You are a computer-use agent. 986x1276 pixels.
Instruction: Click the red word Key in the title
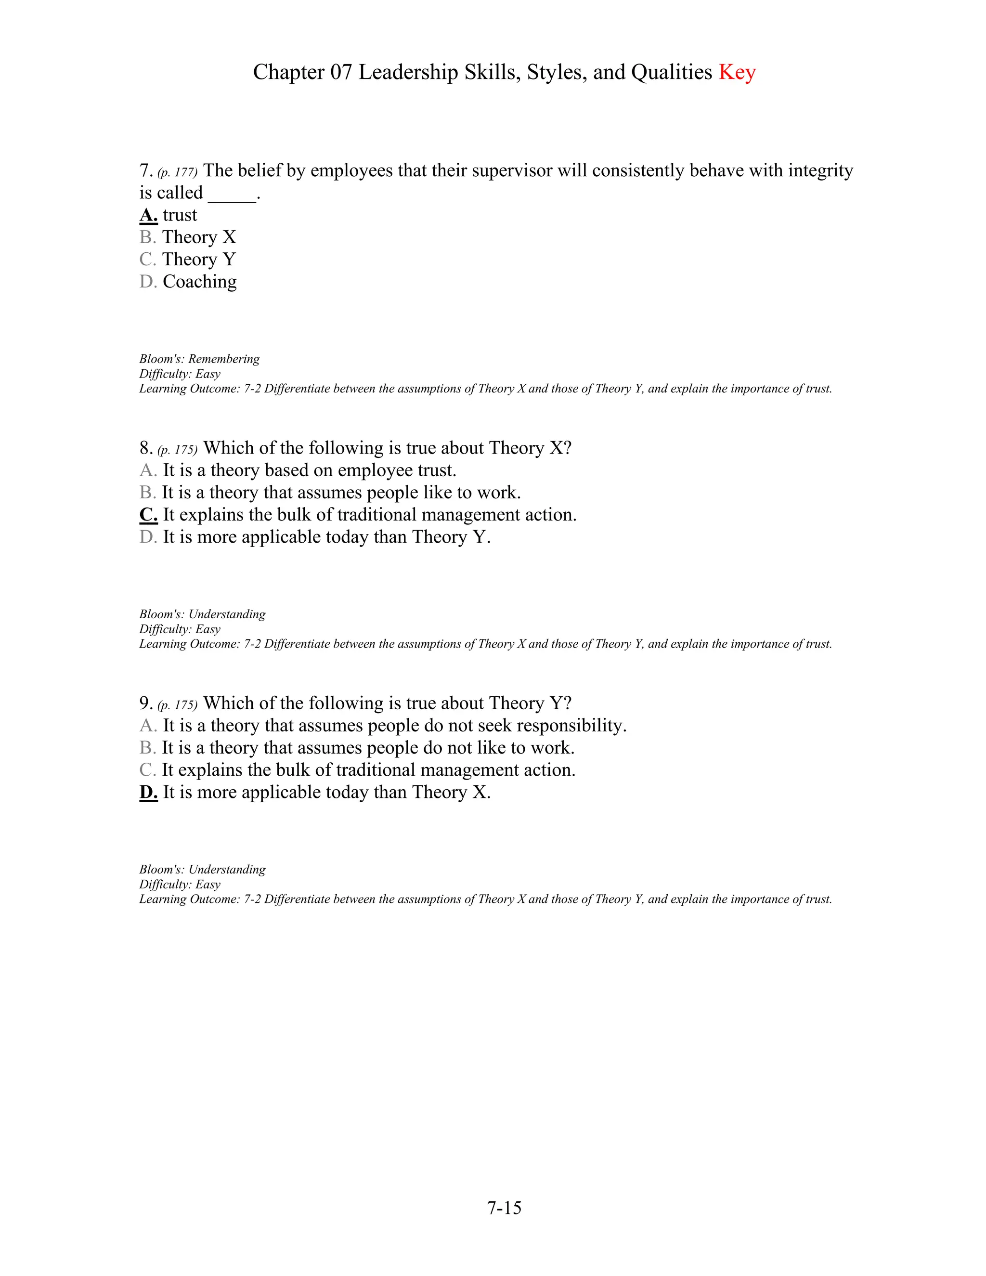(737, 72)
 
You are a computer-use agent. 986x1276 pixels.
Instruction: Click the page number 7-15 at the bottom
(504, 1208)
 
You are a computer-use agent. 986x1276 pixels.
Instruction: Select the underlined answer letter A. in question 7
(148, 215)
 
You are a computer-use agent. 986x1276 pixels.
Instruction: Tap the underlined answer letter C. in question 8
(148, 515)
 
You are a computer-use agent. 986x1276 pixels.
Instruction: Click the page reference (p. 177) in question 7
(178, 172)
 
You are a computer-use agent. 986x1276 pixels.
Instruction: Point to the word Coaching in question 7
(199, 282)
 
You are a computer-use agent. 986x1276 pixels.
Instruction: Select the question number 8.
(145, 448)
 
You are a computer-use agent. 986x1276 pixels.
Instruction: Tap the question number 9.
(145, 703)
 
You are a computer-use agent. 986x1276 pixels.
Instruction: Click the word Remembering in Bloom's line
(224, 359)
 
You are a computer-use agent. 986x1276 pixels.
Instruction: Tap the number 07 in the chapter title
(341, 72)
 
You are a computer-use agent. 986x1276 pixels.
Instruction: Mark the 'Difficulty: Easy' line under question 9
(179, 885)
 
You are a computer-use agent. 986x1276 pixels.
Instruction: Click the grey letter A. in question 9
(148, 726)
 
